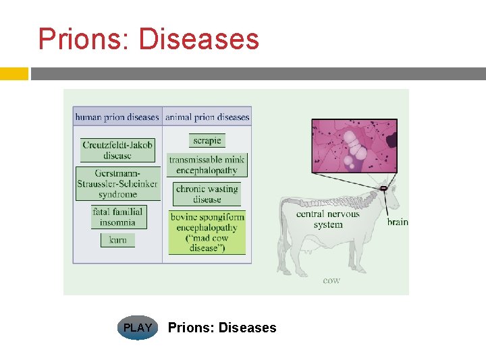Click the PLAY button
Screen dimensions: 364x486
point(138,328)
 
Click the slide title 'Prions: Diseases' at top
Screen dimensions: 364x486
point(148,39)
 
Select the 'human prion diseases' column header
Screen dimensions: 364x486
point(117,117)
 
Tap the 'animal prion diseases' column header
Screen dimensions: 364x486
point(207,117)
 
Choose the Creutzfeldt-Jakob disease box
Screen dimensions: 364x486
point(117,150)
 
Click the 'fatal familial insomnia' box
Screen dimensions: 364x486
point(117,217)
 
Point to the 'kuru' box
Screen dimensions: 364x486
point(117,240)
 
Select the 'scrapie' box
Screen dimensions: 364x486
point(207,140)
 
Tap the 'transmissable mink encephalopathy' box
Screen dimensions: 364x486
point(207,165)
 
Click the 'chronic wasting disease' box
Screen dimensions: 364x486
point(207,194)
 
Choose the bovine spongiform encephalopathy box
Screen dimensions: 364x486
point(207,233)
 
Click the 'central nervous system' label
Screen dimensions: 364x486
point(328,219)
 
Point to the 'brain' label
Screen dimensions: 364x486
point(398,222)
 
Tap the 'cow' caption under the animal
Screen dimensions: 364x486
point(331,280)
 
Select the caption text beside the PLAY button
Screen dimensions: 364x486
point(222,328)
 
